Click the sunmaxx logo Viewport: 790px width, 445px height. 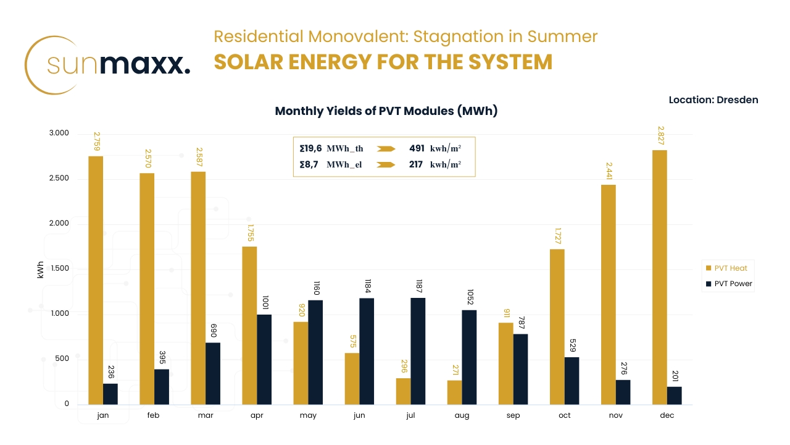[108, 65]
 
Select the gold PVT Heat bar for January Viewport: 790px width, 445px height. [96, 281]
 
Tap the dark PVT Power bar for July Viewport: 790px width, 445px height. [418, 351]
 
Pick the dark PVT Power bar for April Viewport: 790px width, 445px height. [264, 360]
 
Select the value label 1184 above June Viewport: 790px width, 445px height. [367, 286]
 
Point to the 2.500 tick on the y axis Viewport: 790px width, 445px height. [59, 179]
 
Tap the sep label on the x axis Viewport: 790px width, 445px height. [513, 415]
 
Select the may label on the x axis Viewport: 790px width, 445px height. [308, 415]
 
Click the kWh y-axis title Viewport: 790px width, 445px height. [41, 269]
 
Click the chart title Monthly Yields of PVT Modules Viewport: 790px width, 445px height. [386, 111]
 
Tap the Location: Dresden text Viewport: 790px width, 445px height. [713, 100]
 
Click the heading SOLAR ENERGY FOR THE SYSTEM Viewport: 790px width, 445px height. [383, 62]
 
